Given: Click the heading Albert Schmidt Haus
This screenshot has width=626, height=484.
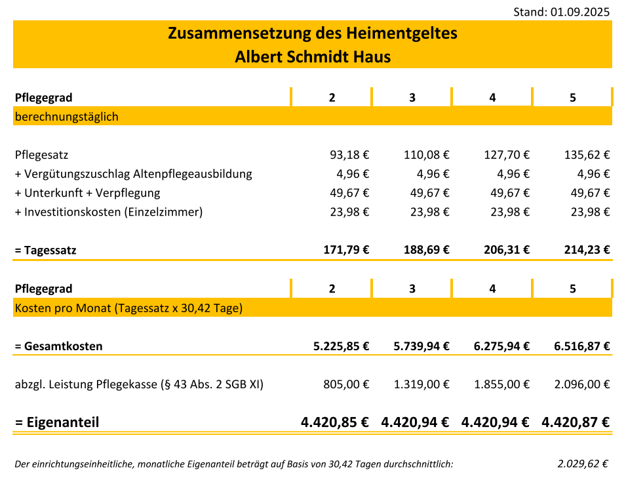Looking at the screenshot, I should point(313,57).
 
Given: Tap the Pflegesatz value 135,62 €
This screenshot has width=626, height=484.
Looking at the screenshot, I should point(587,155).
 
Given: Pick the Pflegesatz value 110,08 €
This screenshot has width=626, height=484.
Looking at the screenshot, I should point(426,155).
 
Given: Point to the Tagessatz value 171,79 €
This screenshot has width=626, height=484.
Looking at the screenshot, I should point(346,250).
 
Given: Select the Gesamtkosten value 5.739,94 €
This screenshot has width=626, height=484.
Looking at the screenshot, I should point(421,346).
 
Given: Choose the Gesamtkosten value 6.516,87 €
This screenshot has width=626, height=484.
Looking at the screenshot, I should point(582,346).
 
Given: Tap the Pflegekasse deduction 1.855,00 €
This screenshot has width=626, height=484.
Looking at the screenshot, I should point(501,385).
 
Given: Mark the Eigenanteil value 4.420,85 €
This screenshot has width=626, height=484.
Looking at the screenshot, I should point(335,422).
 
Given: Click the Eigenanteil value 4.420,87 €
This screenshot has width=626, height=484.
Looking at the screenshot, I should point(576,422).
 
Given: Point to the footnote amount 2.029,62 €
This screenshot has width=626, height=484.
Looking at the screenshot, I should point(583,464).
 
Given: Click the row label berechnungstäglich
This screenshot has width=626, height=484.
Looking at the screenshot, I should point(67,117).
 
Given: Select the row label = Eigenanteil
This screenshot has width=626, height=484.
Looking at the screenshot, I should point(57,422).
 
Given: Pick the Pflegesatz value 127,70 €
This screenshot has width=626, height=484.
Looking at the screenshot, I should point(506,155).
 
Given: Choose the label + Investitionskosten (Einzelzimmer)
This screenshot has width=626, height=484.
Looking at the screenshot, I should point(109,212).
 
